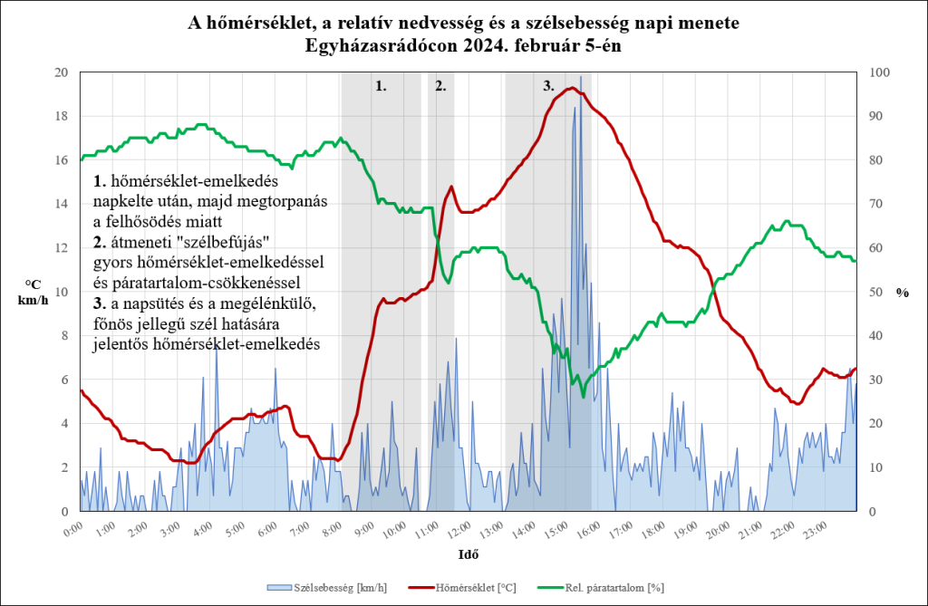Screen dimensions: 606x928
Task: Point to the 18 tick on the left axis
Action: point(61,116)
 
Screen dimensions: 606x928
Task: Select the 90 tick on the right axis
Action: point(878,116)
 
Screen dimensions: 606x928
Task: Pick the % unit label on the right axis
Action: point(902,293)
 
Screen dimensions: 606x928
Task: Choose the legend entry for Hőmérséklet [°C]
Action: point(470,588)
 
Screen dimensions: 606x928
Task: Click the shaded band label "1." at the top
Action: point(381,87)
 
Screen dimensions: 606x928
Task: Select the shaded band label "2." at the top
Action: point(440,87)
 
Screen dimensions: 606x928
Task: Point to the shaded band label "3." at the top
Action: point(548,87)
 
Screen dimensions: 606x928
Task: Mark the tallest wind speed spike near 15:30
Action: point(580,79)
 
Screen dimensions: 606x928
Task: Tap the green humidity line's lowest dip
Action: point(584,397)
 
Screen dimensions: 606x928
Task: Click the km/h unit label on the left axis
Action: point(32,300)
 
